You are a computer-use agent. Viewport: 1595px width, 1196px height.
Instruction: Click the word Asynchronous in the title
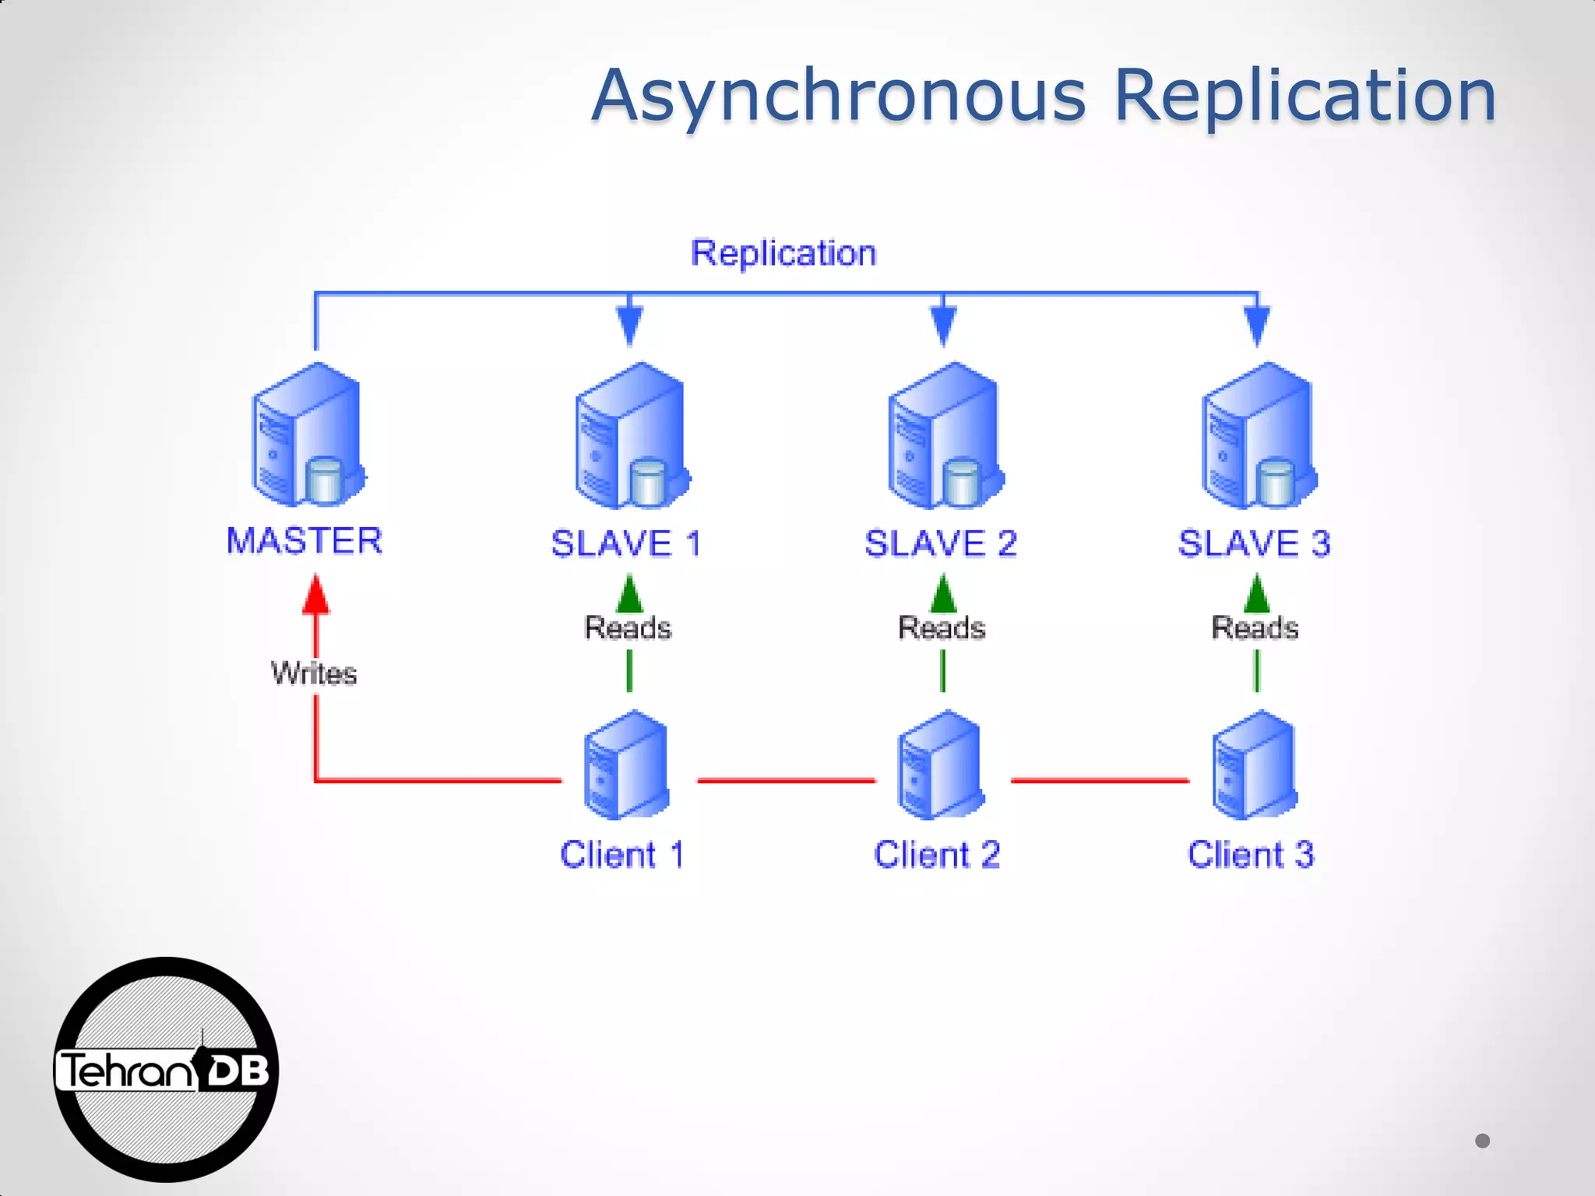[838, 97]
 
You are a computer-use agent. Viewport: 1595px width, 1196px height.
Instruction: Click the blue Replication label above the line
[783, 253]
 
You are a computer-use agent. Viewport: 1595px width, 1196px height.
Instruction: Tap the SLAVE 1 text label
[626, 543]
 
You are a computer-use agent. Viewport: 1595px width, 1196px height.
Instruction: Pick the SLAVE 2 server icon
[944, 436]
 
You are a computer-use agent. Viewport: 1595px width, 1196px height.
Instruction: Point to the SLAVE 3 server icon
[1258, 436]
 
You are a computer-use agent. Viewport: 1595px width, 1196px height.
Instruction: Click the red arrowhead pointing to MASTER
[315, 595]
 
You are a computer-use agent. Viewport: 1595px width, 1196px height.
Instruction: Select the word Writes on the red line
[314, 674]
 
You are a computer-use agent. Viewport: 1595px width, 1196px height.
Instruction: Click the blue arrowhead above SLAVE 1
[629, 325]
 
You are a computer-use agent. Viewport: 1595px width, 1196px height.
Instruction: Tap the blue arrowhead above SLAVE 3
[1257, 325]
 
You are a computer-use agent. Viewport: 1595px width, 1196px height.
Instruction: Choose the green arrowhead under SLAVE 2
[943, 595]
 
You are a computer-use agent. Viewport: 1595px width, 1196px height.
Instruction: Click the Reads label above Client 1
[628, 628]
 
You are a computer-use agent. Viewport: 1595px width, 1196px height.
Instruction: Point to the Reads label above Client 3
[1255, 628]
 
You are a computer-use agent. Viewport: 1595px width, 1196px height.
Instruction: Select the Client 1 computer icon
[626, 765]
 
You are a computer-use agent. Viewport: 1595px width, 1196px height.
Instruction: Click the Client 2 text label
[937, 855]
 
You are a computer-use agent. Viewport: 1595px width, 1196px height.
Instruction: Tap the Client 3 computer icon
[1255, 765]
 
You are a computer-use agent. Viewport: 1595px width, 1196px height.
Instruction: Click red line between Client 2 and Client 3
[1100, 779]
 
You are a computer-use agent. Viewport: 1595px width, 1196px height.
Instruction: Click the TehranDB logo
[166, 1070]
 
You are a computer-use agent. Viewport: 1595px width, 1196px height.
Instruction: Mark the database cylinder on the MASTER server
[325, 480]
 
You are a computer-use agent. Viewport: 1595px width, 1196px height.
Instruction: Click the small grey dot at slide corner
[1482, 1141]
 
